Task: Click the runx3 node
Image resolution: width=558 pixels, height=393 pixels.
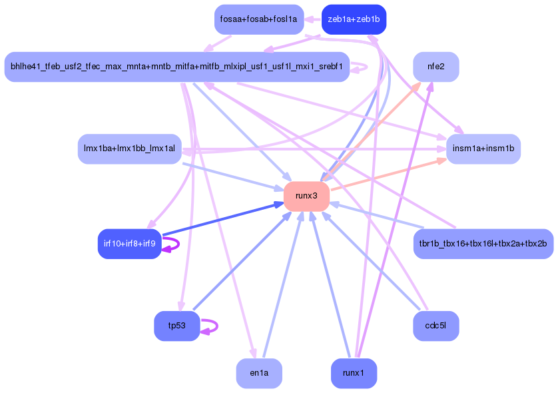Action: click(x=306, y=196)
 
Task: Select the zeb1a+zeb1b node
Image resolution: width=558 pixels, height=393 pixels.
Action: click(x=354, y=19)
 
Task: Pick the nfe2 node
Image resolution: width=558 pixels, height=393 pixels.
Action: click(x=435, y=67)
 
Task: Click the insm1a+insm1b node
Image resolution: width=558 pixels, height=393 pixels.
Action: click(x=483, y=149)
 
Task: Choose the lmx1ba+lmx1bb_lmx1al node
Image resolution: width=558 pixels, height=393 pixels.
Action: click(x=129, y=149)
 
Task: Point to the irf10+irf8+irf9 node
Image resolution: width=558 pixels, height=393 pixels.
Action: click(x=130, y=244)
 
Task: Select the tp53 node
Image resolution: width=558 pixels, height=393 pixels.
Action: click(x=176, y=326)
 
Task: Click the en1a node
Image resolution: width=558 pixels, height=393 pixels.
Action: click(x=259, y=373)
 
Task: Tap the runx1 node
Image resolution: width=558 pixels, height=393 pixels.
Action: click(x=354, y=373)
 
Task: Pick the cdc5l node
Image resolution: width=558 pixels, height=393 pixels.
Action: click(x=435, y=326)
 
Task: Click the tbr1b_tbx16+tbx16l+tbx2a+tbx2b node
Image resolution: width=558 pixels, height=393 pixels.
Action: click(x=483, y=244)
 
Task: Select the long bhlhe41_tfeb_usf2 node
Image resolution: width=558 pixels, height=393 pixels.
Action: click(x=176, y=67)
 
